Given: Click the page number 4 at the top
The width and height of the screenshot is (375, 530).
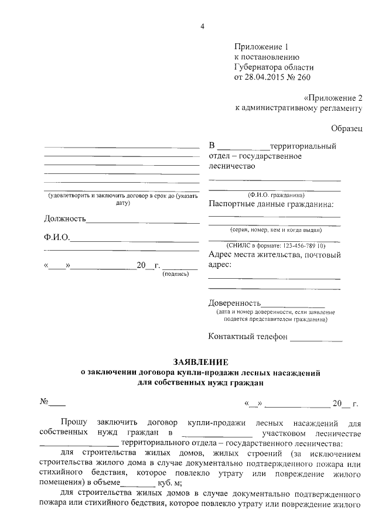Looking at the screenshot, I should [x=202, y=25].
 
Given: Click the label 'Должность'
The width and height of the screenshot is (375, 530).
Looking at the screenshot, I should [x=65, y=219].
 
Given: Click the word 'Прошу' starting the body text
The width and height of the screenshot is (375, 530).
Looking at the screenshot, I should [x=73, y=422].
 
